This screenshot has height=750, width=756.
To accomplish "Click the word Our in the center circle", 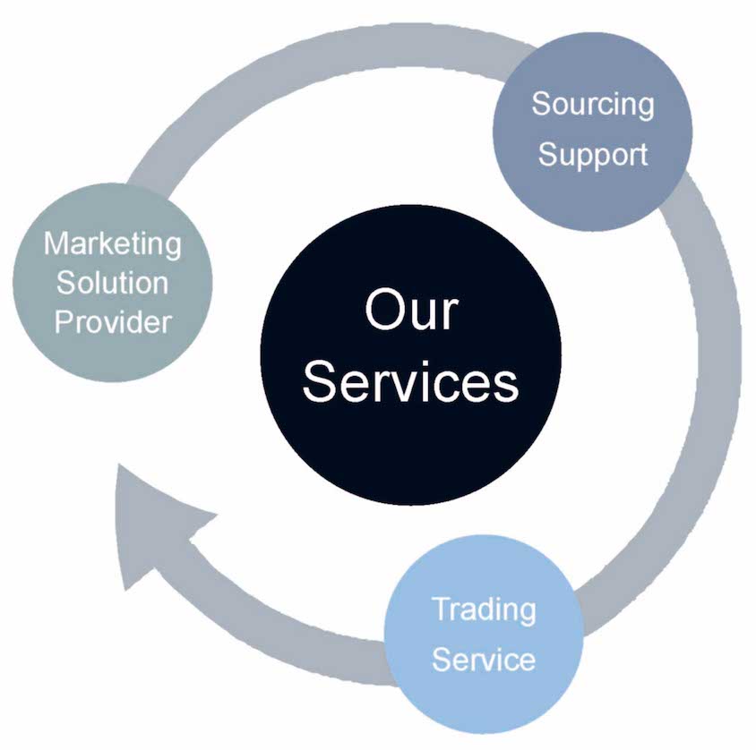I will [411, 312].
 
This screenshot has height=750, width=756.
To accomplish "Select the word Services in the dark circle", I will [411, 382].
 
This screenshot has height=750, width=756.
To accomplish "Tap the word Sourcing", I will [593, 105].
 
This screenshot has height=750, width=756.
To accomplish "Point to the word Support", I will [593, 154].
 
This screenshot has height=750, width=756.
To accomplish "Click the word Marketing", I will [113, 244].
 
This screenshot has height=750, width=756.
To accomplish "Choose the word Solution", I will [113, 283].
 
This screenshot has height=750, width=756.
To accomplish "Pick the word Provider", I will [113, 321].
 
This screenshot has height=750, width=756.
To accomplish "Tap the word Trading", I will [485, 610].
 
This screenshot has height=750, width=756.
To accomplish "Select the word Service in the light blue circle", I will [485, 660].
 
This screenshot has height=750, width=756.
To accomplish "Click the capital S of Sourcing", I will [541, 104].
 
